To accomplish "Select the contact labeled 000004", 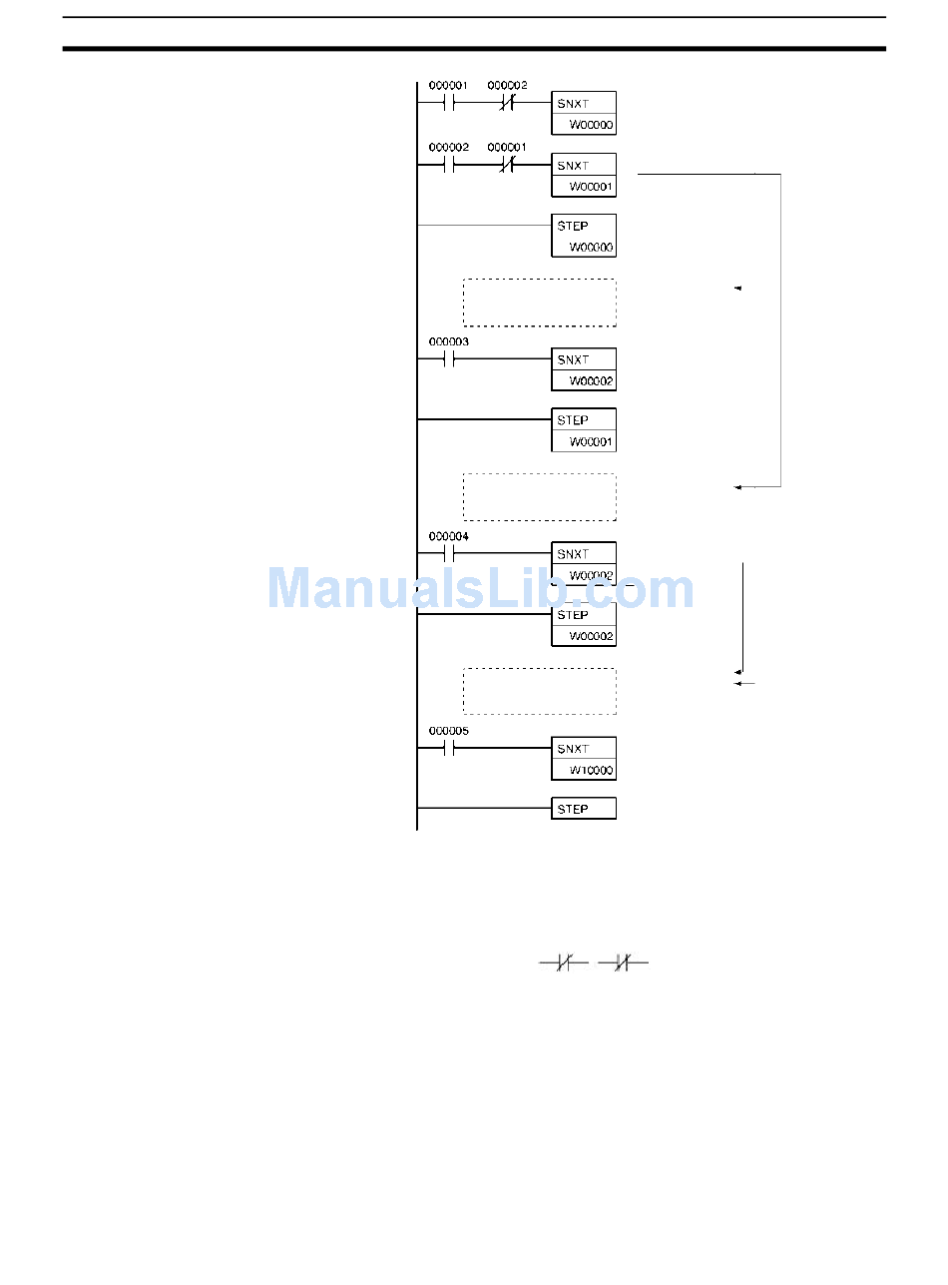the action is (448, 553).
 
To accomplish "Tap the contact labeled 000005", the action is (448, 748).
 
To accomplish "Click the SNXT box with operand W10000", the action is (584, 759).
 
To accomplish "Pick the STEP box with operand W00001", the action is (584, 430).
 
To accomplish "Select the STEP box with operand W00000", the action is (584, 236).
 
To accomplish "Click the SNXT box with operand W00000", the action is (584, 113).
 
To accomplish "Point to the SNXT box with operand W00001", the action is (584, 175).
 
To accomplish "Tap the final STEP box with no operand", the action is (584, 809).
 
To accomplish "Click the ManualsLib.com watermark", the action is (480, 589).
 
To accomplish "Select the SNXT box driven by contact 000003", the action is (584, 370).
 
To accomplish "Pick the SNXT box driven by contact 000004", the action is (584, 562).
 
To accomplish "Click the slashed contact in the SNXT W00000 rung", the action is (507, 103).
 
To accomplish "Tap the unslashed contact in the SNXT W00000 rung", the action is (448, 103).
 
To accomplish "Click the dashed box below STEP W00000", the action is (539, 303).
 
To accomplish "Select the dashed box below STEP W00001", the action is (539, 497).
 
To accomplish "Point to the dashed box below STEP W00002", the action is (539, 691).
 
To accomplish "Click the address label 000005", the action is (448, 731).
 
